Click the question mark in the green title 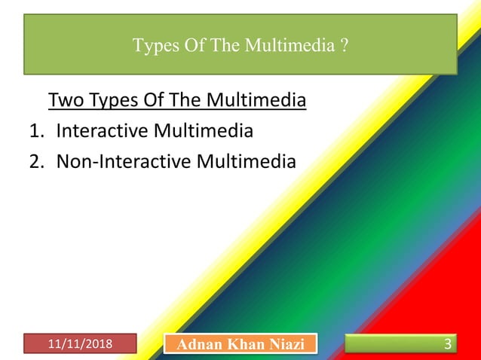(x=344, y=46)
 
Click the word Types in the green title (x=152, y=46)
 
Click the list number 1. (x=35, y=131)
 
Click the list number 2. (x=35, y=161)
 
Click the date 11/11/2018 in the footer (x=79, y=344)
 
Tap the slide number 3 (x=448, y=345)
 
